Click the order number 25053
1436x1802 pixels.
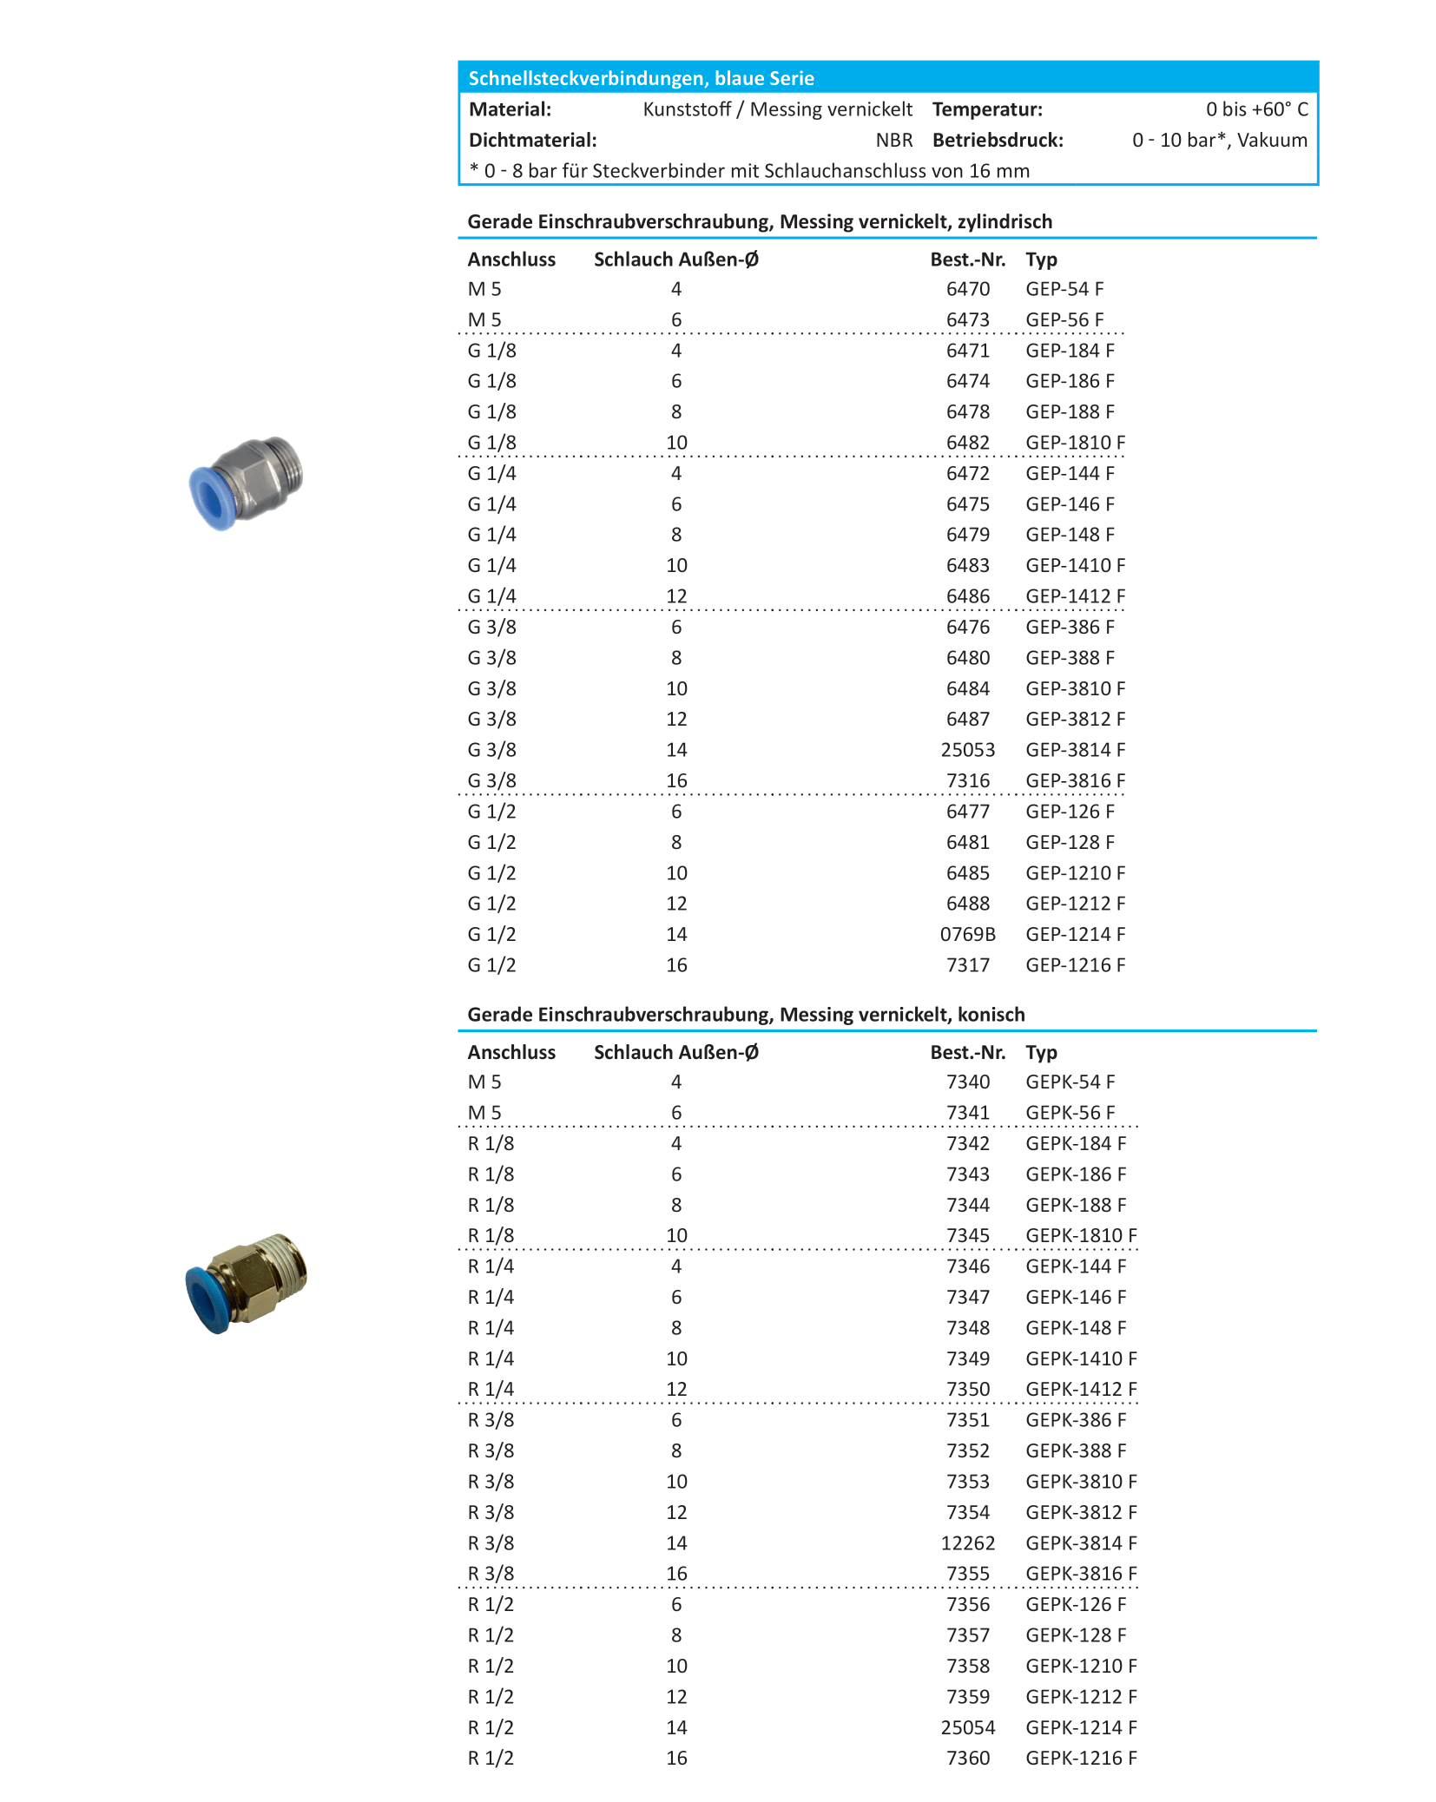pos(967,750)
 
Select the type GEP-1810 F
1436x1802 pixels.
pos(1075,443)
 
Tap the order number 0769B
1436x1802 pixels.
pos(967,935)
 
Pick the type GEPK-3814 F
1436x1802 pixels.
pos(1081,1543)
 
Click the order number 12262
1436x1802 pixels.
pos(967,1543)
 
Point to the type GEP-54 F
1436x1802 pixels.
pos(1064,289)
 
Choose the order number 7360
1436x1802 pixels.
pos(967,1759)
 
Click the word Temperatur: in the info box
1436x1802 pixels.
pos(987,109)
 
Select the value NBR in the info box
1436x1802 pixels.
pos(893,141)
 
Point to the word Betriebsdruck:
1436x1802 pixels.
pos(998,141)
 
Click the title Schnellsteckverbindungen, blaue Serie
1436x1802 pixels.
pos(641,78)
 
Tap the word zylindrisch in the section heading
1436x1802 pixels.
pos(1005,222)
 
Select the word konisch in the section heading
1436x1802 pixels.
pos(991,1015)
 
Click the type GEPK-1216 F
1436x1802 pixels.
pos(1081,1759)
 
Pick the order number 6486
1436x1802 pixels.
pos(967,596)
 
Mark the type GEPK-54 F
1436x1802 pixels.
pos(1070,1082)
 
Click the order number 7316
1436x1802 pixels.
pos(967,781)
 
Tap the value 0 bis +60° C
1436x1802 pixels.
pos(1256,109)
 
